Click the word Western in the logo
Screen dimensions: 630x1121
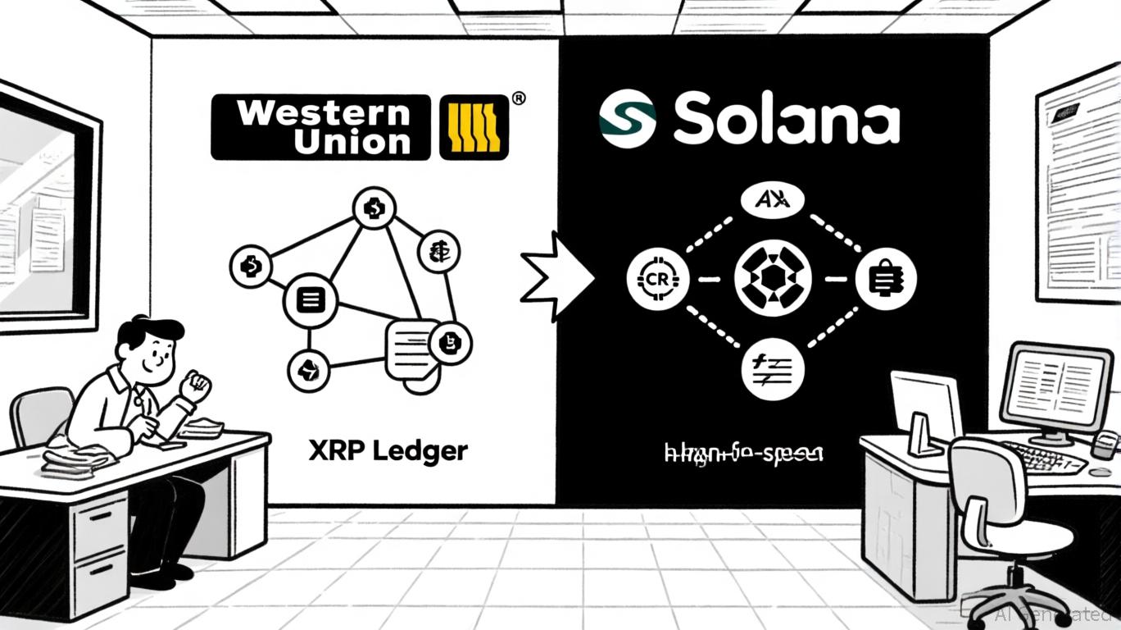321,112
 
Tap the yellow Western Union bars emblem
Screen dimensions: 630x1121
474,127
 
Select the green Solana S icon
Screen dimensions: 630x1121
627,118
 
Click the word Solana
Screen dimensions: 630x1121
786,120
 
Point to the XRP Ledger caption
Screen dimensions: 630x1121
388,450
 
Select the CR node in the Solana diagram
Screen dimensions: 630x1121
657,280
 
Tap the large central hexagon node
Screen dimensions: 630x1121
773,280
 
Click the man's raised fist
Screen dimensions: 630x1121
197,386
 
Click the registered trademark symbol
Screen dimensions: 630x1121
518,98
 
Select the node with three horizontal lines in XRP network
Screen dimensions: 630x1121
309,301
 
